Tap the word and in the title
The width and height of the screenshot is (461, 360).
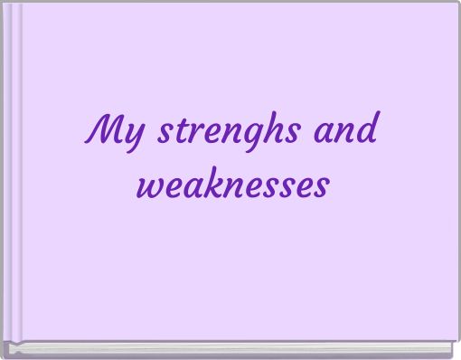pyautogui.click(x=344, y=133)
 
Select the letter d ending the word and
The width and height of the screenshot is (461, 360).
pyautogui.click(x=367, y=132)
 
